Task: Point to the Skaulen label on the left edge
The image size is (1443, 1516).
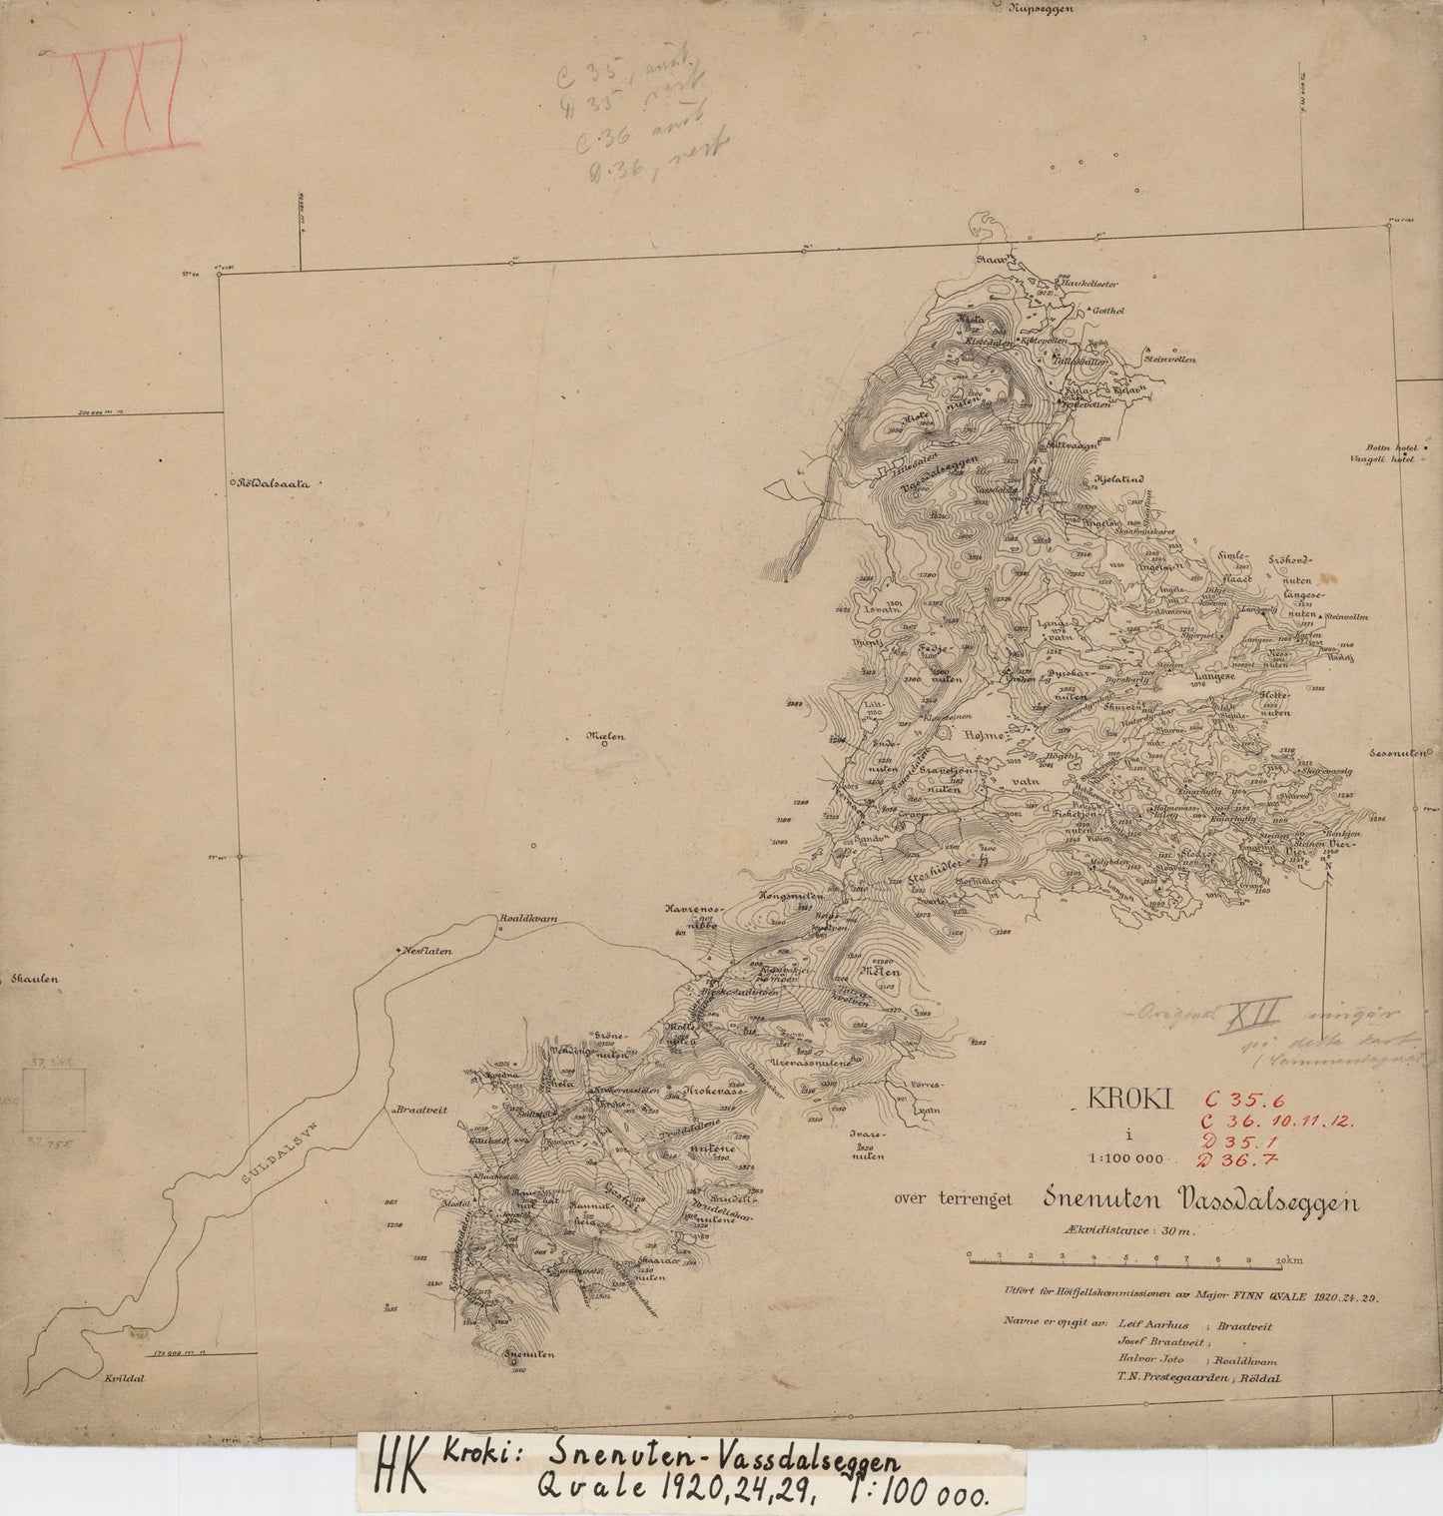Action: pos(37,980)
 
